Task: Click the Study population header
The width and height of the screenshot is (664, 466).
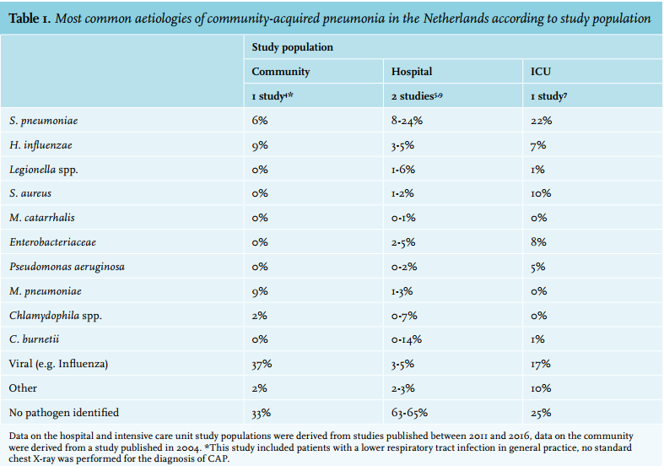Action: pos(292,47)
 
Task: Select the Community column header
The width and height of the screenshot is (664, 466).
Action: pos(281,72)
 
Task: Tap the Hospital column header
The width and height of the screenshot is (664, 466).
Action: pos(412,72)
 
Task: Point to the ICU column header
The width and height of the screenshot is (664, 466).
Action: pos(541,72)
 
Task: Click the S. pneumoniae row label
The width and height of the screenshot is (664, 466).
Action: pos(44,122)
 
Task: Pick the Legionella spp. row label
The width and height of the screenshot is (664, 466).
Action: pos(44,170)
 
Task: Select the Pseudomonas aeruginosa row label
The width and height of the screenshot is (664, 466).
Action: pos(67,267)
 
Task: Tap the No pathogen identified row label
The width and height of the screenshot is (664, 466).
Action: pos(64,413)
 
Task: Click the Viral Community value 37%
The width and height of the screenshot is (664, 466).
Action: pos(262,364)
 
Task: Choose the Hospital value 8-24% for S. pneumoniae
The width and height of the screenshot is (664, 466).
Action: pos(407,121)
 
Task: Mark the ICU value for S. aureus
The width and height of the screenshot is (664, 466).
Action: pos(541,193)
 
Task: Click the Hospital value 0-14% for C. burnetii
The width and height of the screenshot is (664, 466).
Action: pos(407,339)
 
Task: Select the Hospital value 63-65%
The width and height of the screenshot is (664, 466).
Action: pos(409,413)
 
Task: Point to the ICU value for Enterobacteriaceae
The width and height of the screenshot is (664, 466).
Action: pos(538,242)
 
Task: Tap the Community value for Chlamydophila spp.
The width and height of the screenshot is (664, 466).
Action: pos(259,316)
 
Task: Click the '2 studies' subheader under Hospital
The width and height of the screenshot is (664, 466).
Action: pos(417,96)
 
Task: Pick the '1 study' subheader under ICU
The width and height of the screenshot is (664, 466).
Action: pos(548,96)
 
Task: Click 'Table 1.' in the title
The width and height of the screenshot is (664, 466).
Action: pos(30,19)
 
